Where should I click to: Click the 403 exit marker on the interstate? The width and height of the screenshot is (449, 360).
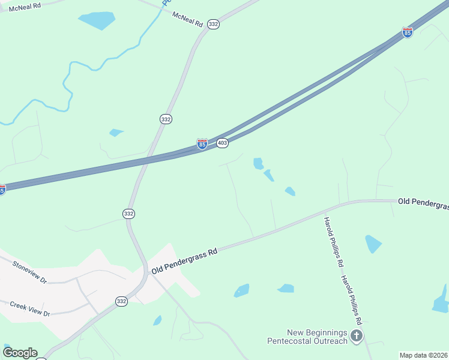pyautogui.click(x=222, y=143)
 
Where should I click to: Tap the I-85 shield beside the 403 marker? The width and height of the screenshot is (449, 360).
pyautogui.click(x=202, y=144)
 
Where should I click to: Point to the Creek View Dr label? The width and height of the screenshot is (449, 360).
pyautogui.click(x=29, y=309)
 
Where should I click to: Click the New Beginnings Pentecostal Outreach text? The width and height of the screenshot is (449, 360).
pyautogui.click(x=308, y=337)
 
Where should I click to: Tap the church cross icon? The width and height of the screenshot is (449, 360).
pyautogui.click(x=357, y=336)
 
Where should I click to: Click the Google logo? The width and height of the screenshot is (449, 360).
pyautogui.click(x=20, y=353)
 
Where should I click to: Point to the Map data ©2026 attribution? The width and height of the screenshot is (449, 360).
pyautogui.click(x=423, y=355)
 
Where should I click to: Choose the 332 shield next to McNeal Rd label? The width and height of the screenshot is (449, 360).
pyautogui.click(x=214, y=24)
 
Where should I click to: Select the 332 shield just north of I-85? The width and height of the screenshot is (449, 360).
pyautogui.click(x=166, y=119)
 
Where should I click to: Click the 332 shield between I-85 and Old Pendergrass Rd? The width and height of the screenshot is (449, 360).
pyautogui.click(x=128, y=214)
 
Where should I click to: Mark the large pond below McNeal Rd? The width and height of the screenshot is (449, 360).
pyautogui.click(x=97, y=20)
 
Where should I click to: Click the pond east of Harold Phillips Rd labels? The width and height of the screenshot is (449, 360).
pyautogui.click(x=373, y=243)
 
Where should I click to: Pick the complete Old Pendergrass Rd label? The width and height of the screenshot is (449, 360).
pyautogui.click(x=184, y=262)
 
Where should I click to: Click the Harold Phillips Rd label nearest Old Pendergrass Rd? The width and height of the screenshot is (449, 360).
pyautogui.click(x=333, y=241)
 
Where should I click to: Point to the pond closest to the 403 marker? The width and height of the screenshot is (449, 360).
pyautogui.click(x=259, y=163)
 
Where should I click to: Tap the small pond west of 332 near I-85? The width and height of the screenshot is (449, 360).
pyautogui.click(x=116, y=132)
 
